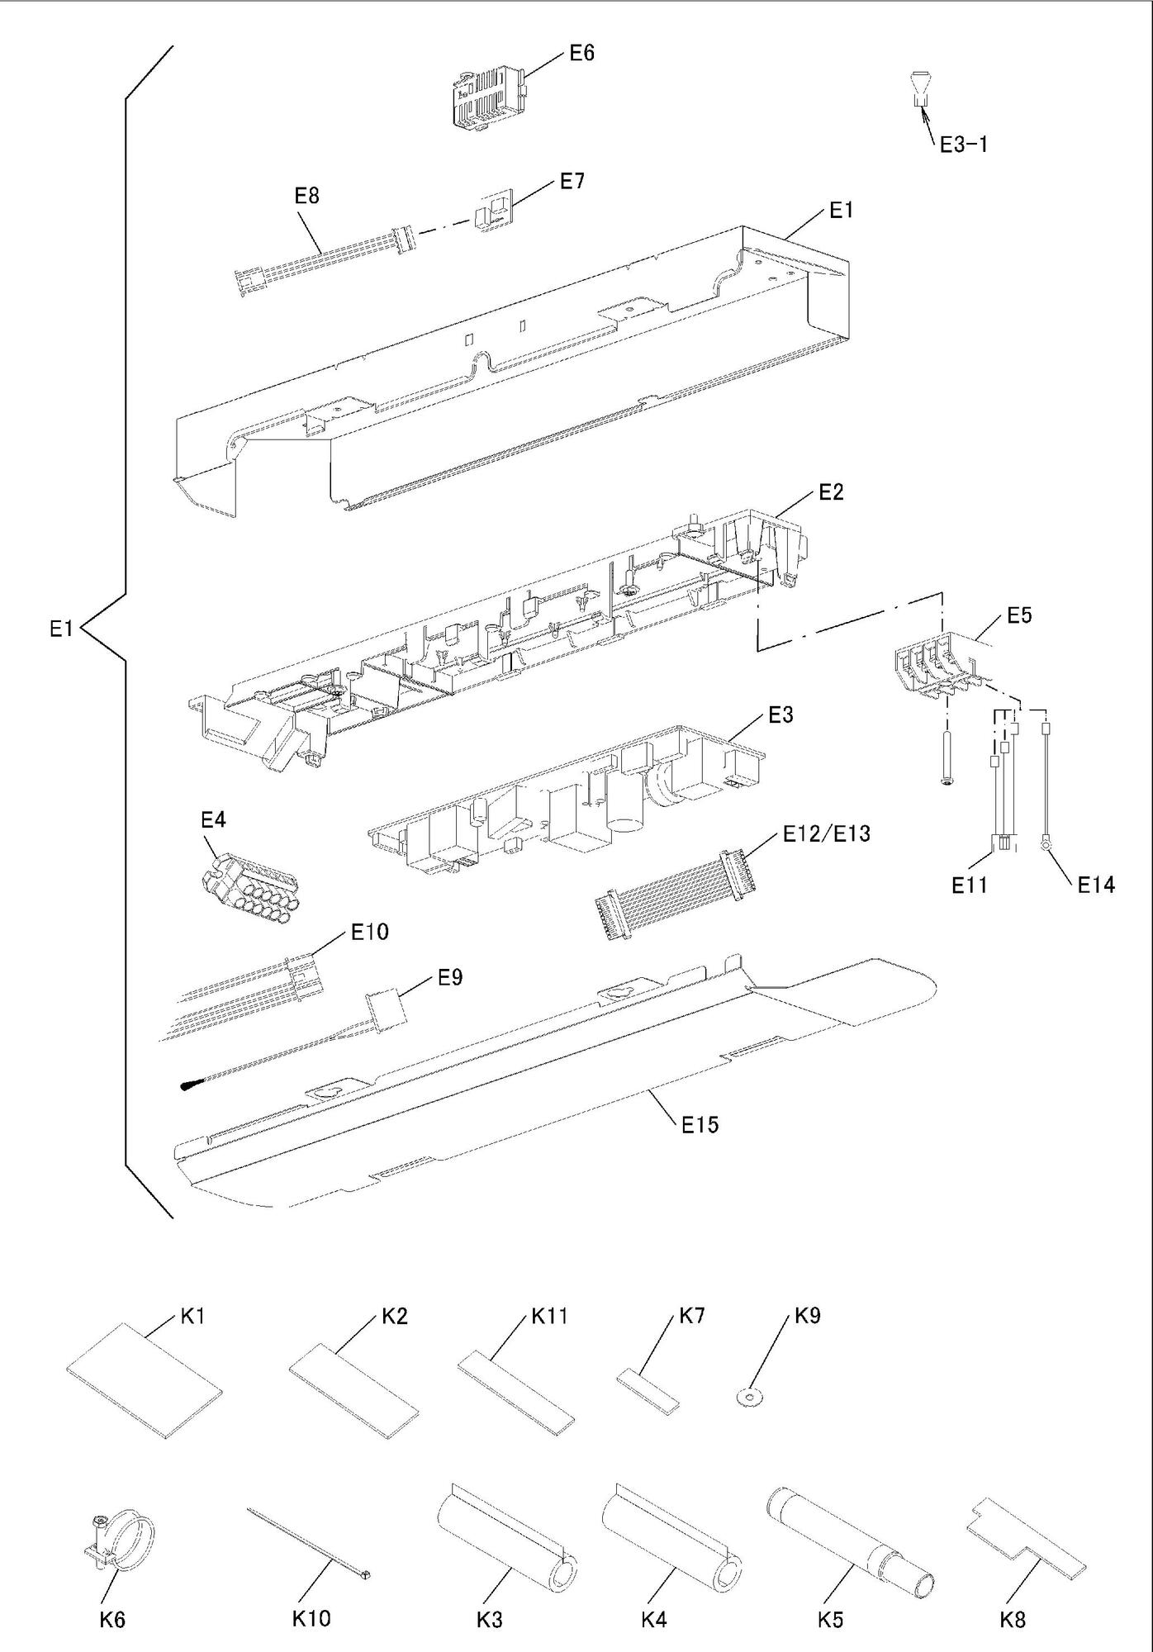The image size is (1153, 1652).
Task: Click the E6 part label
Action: tap(581, 54)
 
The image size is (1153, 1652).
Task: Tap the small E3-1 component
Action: tap(919, 89)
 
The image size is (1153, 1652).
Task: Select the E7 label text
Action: tap(572, 182)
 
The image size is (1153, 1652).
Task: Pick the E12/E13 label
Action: tap(825, 833)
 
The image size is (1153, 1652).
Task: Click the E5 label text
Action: tap(1019, 615)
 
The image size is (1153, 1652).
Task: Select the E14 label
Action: tap(1095, 885)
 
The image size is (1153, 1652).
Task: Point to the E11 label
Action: tap(969, 885)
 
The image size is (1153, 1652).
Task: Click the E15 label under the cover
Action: tap(700, 1124)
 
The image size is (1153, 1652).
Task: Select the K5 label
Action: tap(830, 1620)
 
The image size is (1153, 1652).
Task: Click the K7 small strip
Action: tap(648, 1388)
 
